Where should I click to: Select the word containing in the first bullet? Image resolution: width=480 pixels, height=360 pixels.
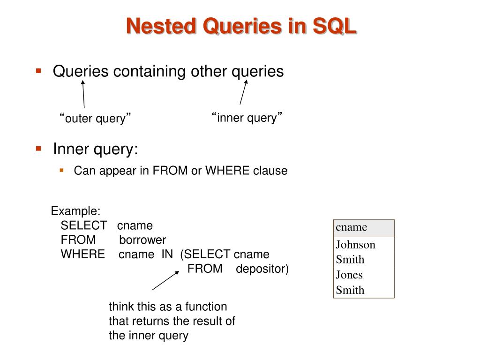pyautogui.click(x=149, y=72)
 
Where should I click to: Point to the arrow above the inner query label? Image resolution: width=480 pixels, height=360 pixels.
pyautogui.click(x=243, y=92)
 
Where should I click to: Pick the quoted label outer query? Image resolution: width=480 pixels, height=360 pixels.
pyautogui.click(x=95, y=119)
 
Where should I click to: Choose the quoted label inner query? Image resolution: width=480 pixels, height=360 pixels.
pyautogui.click(x=247, y=118)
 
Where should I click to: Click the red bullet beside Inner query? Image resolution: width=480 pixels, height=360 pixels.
pyautogui.click(x=38, y=149)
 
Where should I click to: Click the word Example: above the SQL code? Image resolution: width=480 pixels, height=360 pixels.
pyautogui.click(x=75, y=211)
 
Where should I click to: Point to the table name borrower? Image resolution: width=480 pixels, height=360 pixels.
pyautogui.click(x=142, y=240)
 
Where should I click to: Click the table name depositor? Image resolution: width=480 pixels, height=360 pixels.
pyautogui.click(x=262, y=270)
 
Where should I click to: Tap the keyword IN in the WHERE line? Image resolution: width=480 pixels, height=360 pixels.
pyautogui.click(x=167, y=255)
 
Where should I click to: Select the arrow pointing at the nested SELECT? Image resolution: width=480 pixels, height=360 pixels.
pyautogui.click(x=165, y=281)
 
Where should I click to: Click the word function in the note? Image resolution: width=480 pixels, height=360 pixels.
pyautogui.click(x=206, y=307)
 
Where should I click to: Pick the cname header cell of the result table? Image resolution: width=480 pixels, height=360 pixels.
pyautogui.click(x=364, y=228)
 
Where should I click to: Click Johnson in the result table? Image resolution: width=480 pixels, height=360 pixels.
pyautogui.click(x=355, y=245)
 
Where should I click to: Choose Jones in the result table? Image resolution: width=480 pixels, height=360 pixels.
pyautogui.click(x=349, y=275)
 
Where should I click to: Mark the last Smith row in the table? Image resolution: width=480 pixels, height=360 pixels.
pyautogui.click(x=350, y=290)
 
